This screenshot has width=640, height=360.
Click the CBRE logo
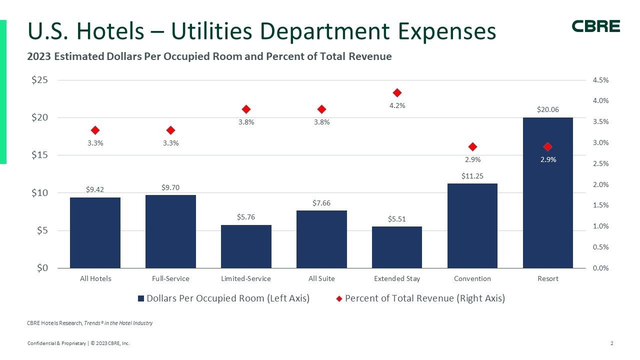point(595,26)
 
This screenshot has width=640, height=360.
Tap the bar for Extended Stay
point(397,247)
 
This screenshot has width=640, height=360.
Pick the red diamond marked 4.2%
point(397,92)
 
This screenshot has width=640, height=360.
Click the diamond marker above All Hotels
point(95,130)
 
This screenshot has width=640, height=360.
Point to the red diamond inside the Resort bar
point(547,146)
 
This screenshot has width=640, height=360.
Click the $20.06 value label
point(547,109)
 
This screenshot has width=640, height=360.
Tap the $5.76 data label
point(246,217)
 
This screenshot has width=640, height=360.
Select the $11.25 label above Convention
point(472,176)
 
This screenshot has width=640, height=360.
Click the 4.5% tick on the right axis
point(600,80)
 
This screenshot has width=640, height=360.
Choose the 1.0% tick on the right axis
point(600,226)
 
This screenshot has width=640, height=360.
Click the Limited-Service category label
point(246,278)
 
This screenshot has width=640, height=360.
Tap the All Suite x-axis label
point(321,278)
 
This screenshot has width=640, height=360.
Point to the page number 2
point(612,343)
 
